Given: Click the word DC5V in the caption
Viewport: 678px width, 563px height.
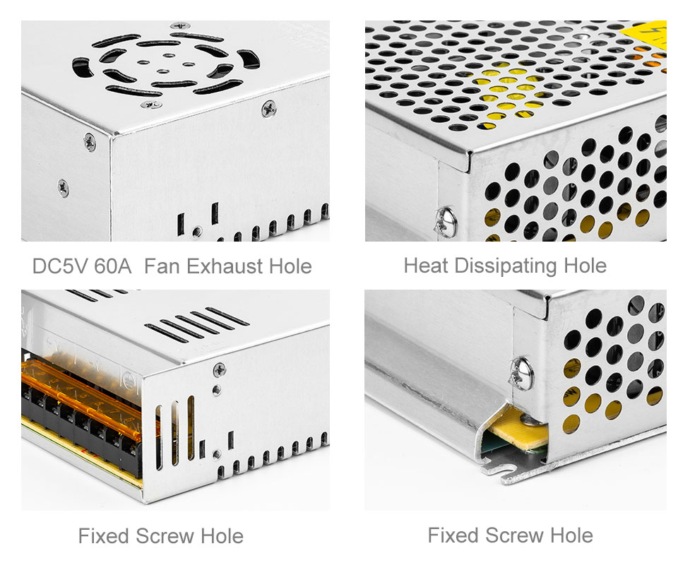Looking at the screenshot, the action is [60, 266].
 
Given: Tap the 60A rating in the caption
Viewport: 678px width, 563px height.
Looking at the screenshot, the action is [113, 266].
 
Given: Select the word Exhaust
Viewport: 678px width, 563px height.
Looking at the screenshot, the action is [225, 266].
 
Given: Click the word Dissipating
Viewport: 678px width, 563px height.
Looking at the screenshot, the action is [506, 266].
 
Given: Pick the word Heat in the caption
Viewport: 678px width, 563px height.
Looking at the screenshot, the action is [425, 266].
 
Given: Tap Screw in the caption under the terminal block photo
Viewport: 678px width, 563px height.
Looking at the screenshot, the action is [165, 536].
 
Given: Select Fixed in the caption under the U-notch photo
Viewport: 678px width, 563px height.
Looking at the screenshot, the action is [453, 535].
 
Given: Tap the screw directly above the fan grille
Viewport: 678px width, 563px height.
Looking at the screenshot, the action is [180, 25].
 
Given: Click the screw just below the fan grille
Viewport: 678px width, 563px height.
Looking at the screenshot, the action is [151, 105].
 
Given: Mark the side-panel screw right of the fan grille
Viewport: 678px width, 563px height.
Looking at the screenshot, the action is [269, 109].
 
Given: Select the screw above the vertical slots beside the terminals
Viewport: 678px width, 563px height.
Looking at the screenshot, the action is [219, 369].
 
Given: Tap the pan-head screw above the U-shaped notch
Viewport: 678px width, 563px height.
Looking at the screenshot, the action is [522, 374].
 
